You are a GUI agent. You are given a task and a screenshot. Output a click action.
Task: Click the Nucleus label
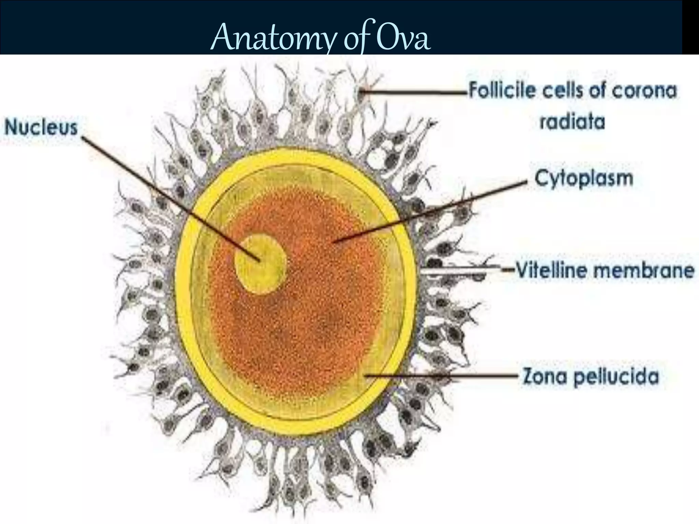pos(41,128)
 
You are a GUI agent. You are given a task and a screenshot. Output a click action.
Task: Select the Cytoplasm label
pos(584,178)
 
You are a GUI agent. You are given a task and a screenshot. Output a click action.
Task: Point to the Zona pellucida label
pos(591,377)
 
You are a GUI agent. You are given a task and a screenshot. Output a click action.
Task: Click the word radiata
pos(572,122)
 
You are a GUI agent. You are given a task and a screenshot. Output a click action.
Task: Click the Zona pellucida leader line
pos(444,376)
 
